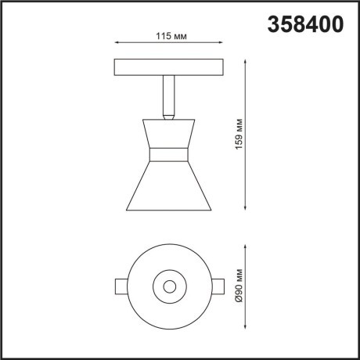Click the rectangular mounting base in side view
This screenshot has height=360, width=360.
pyautogui.click(x=170, y=66)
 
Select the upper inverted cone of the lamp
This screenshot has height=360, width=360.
pyautogui.click(x=170, y=131)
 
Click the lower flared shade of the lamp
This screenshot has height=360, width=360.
pyautogui.click(x=170, y=184)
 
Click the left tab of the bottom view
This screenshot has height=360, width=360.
pyautogui.click(x=121, y=286)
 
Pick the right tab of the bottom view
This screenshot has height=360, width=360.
pyautogui.click(x=220, y=286)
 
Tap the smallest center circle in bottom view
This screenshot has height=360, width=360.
pyautogui.click(x=170, y=286)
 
